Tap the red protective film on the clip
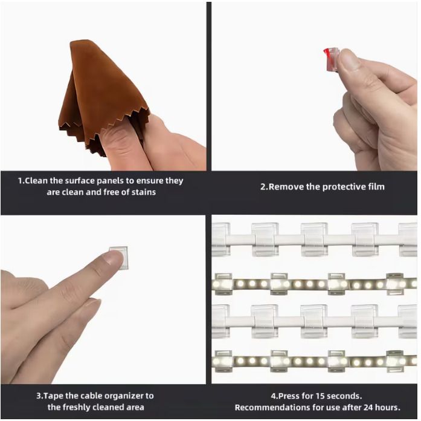click(x=326, y=56)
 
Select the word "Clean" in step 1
click(x=36, y=180)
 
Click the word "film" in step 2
click(x=376, y=186)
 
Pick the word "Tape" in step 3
click(x=53, y=396)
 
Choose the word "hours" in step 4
click(x=388, y=407)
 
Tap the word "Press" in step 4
click(x=290, y=396)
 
